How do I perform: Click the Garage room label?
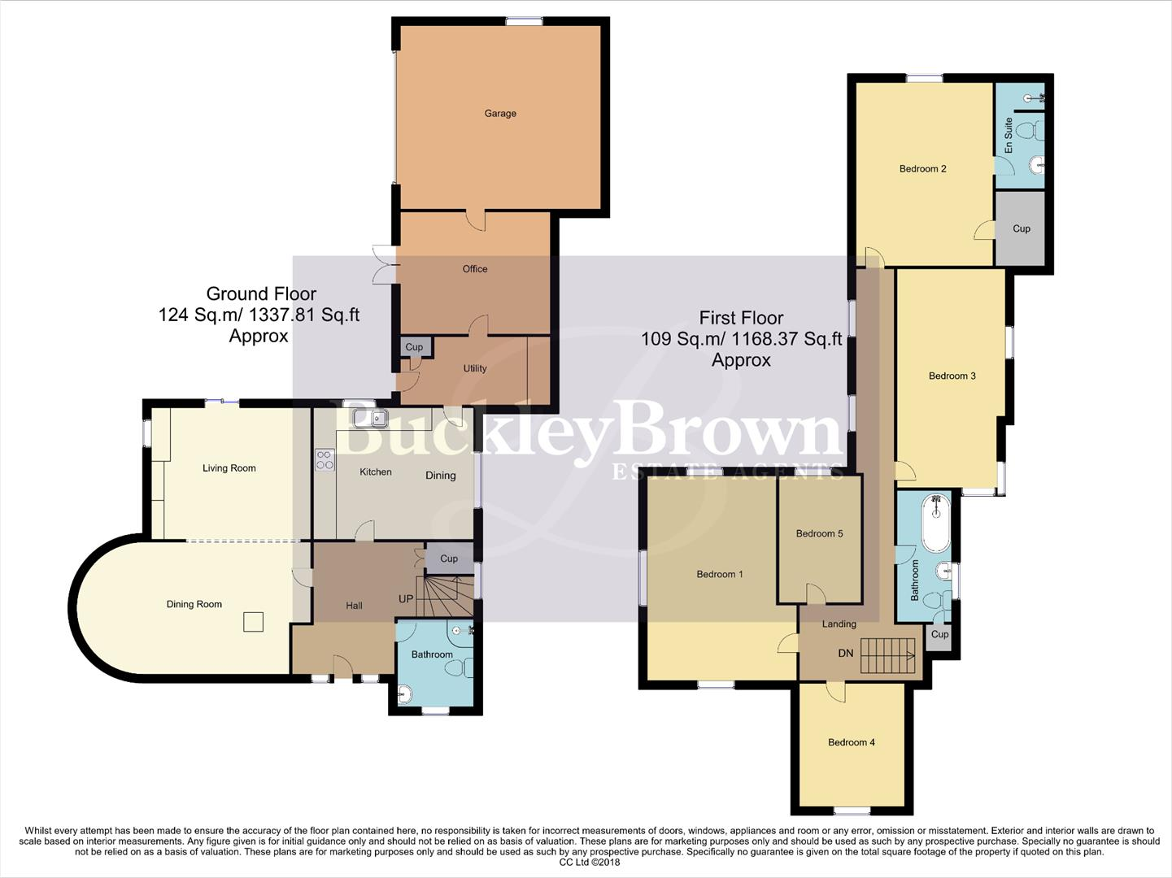click(500, 114)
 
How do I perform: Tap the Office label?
click(475, 269)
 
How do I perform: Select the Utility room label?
click(475, 368)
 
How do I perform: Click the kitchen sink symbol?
click(370, 419)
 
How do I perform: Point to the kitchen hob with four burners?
click(325, 460)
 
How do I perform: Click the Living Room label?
click(229, 468)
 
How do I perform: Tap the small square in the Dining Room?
click(254, 622)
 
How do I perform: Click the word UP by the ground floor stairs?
click(406, 599)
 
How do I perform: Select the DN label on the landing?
click(846, 654)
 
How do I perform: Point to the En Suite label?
click(1009, 136)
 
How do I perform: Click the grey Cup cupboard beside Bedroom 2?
click(1021, 228)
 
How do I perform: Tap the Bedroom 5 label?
click(819, 534)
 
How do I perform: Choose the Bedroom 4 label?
click(852, 742)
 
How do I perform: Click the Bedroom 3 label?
click(952, 376)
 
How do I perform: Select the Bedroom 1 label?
click(720, 575)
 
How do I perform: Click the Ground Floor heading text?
click(261, 293)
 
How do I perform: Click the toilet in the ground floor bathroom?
click(456, 667)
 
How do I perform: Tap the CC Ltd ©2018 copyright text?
click(590, 863)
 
